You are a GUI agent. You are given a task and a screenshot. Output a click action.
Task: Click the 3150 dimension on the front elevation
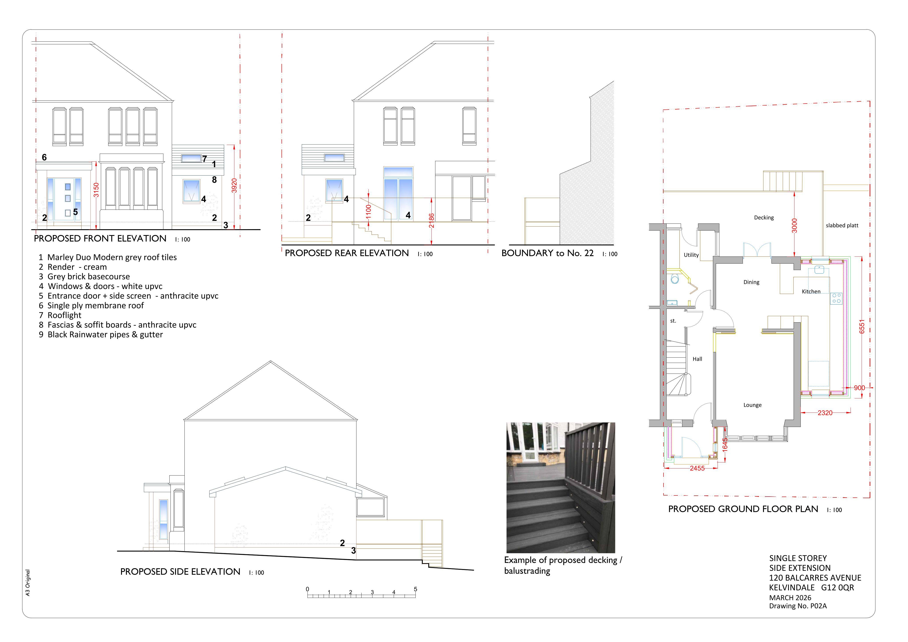coord(96,190)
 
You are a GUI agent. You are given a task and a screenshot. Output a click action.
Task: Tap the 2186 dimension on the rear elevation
coord(431,221)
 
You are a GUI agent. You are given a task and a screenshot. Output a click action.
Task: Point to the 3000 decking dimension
coord(795,226)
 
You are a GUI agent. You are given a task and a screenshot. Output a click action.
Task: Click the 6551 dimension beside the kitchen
coord(862,327)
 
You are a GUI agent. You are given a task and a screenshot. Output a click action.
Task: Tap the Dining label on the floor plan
coord(751,282)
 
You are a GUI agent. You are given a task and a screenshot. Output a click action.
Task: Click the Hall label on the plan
coord(697,359)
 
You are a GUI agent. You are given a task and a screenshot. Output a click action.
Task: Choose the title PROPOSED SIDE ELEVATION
coord(180,572)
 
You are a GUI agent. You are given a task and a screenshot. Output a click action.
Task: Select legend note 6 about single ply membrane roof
coord(91,305)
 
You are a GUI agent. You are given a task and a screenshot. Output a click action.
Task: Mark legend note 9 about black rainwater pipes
coord(101,335)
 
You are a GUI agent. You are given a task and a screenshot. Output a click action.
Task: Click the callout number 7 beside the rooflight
coord(204,159)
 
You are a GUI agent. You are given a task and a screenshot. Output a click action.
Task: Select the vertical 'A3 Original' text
coord(28,583)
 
